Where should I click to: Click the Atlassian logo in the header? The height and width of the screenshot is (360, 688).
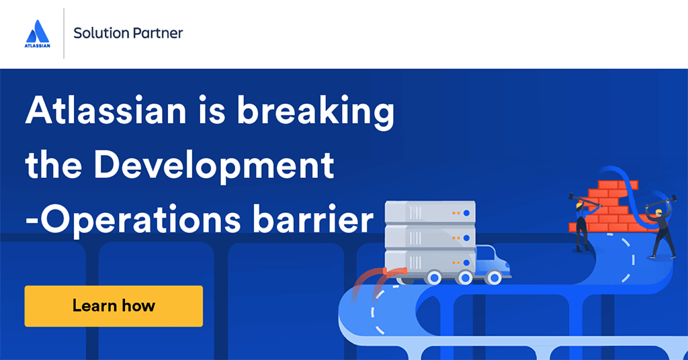tap(38, 34)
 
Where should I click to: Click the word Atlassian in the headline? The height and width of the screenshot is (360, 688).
tap(105, 110)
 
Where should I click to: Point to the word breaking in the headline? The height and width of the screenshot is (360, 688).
tap(316, 112)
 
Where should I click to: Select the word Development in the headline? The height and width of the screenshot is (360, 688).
tap(214, 167)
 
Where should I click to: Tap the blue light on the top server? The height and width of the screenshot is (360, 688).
tap(466, 213)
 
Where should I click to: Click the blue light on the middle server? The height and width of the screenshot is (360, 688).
tap(466, 238)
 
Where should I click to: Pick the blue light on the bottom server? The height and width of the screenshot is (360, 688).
tap(466, 263)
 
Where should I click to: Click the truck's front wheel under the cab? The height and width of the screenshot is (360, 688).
tap(494, 277)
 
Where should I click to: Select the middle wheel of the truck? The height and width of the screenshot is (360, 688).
tap(464, 277)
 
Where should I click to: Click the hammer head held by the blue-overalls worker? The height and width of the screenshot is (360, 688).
tap(572, 196)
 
